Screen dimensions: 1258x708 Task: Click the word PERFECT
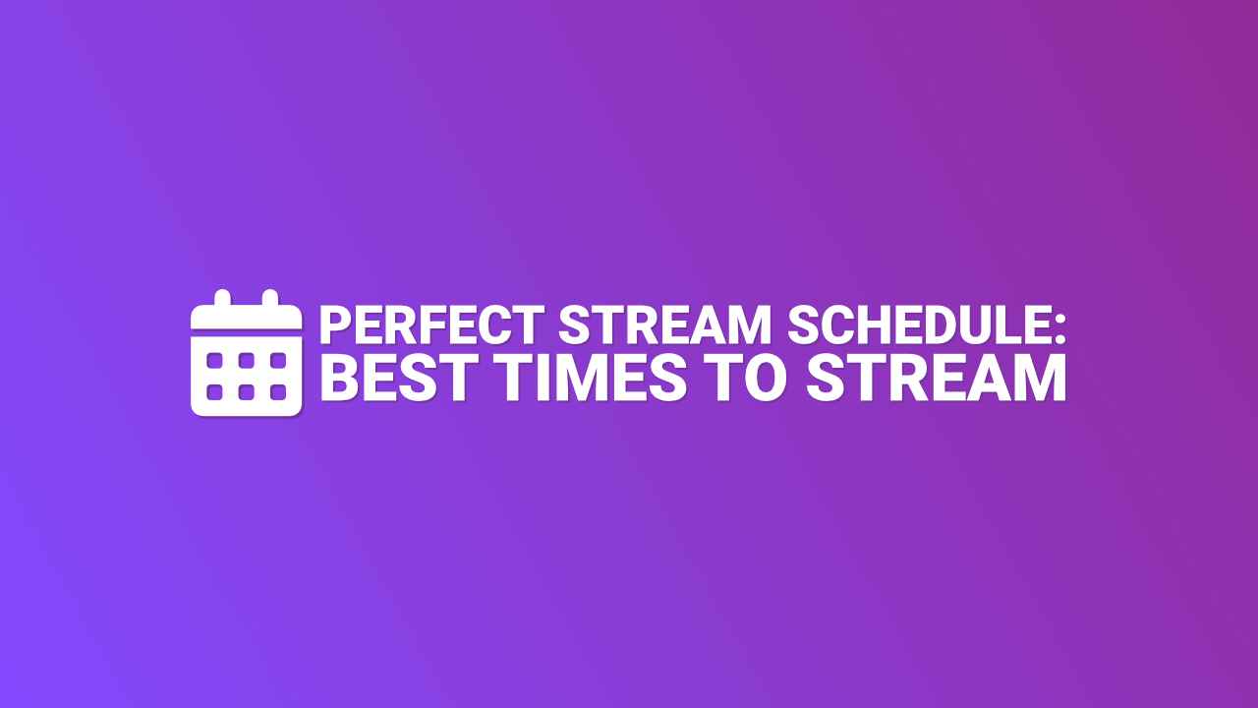[x=431, y=324]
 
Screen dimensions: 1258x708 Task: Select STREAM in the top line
[x=665, y=324]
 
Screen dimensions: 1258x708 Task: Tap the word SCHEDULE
[x=916, y=324]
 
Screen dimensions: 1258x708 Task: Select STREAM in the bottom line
[x=936, y=378]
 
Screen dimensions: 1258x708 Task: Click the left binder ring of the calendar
[x=222, y=298]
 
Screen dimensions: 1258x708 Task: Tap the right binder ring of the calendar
[x=270, y=298]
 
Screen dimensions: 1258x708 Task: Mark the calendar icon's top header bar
[x=247, y=318]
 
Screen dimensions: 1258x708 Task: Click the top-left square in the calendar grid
[x=214, y=361]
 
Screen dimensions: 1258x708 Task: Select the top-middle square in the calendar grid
[x=247, y=361]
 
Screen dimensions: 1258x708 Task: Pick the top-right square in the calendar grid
[x=278, y=361]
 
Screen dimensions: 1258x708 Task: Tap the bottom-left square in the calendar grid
[x=214, y=392]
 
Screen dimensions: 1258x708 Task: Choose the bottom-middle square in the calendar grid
[x=247, y=392]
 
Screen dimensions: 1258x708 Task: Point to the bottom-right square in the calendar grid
[x=278, y=392]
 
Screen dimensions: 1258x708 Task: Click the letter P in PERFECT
[x=334, y=324]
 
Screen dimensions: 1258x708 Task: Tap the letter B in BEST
[x=340, y=378]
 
